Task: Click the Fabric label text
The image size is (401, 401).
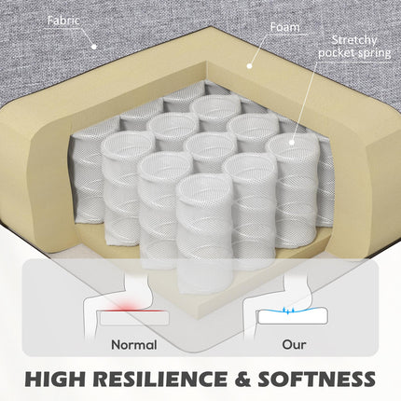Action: [63, 21]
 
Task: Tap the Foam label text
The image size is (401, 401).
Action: [284, 27]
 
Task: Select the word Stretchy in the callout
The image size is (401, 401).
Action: [354, 40]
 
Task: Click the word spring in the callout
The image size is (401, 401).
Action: [374, 53]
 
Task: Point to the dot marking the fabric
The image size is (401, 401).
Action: [94, 47]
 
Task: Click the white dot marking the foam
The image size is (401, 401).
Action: [249, 65]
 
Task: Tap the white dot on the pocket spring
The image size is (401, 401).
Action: [292, 143]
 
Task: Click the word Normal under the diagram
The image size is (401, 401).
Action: [134, 345]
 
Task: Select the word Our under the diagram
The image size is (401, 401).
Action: [294, 344]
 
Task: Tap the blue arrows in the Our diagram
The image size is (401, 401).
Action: [288, 311]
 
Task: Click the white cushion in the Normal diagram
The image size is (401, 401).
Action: [134, 319]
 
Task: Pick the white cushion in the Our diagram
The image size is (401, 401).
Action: [292, 316]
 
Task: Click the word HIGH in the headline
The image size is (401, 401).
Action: [54, 379]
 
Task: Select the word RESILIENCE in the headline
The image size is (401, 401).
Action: [159, 379]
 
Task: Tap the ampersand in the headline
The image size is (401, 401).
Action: [242, 379]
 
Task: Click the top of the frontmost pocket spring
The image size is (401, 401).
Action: [201, 187]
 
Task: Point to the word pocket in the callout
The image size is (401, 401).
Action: [336, 53]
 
